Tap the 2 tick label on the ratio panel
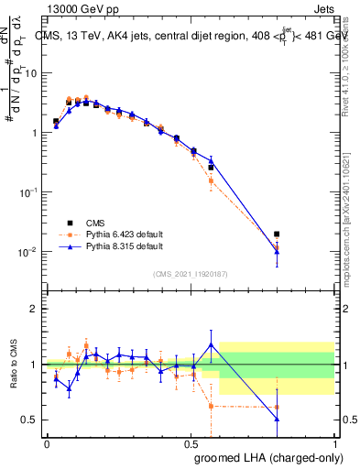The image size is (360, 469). [x=36, y=309]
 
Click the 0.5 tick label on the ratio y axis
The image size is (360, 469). [x=32, y=420]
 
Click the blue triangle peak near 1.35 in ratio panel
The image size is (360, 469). [x=212, y=345]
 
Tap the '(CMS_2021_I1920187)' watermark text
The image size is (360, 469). [x=191, y=274]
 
